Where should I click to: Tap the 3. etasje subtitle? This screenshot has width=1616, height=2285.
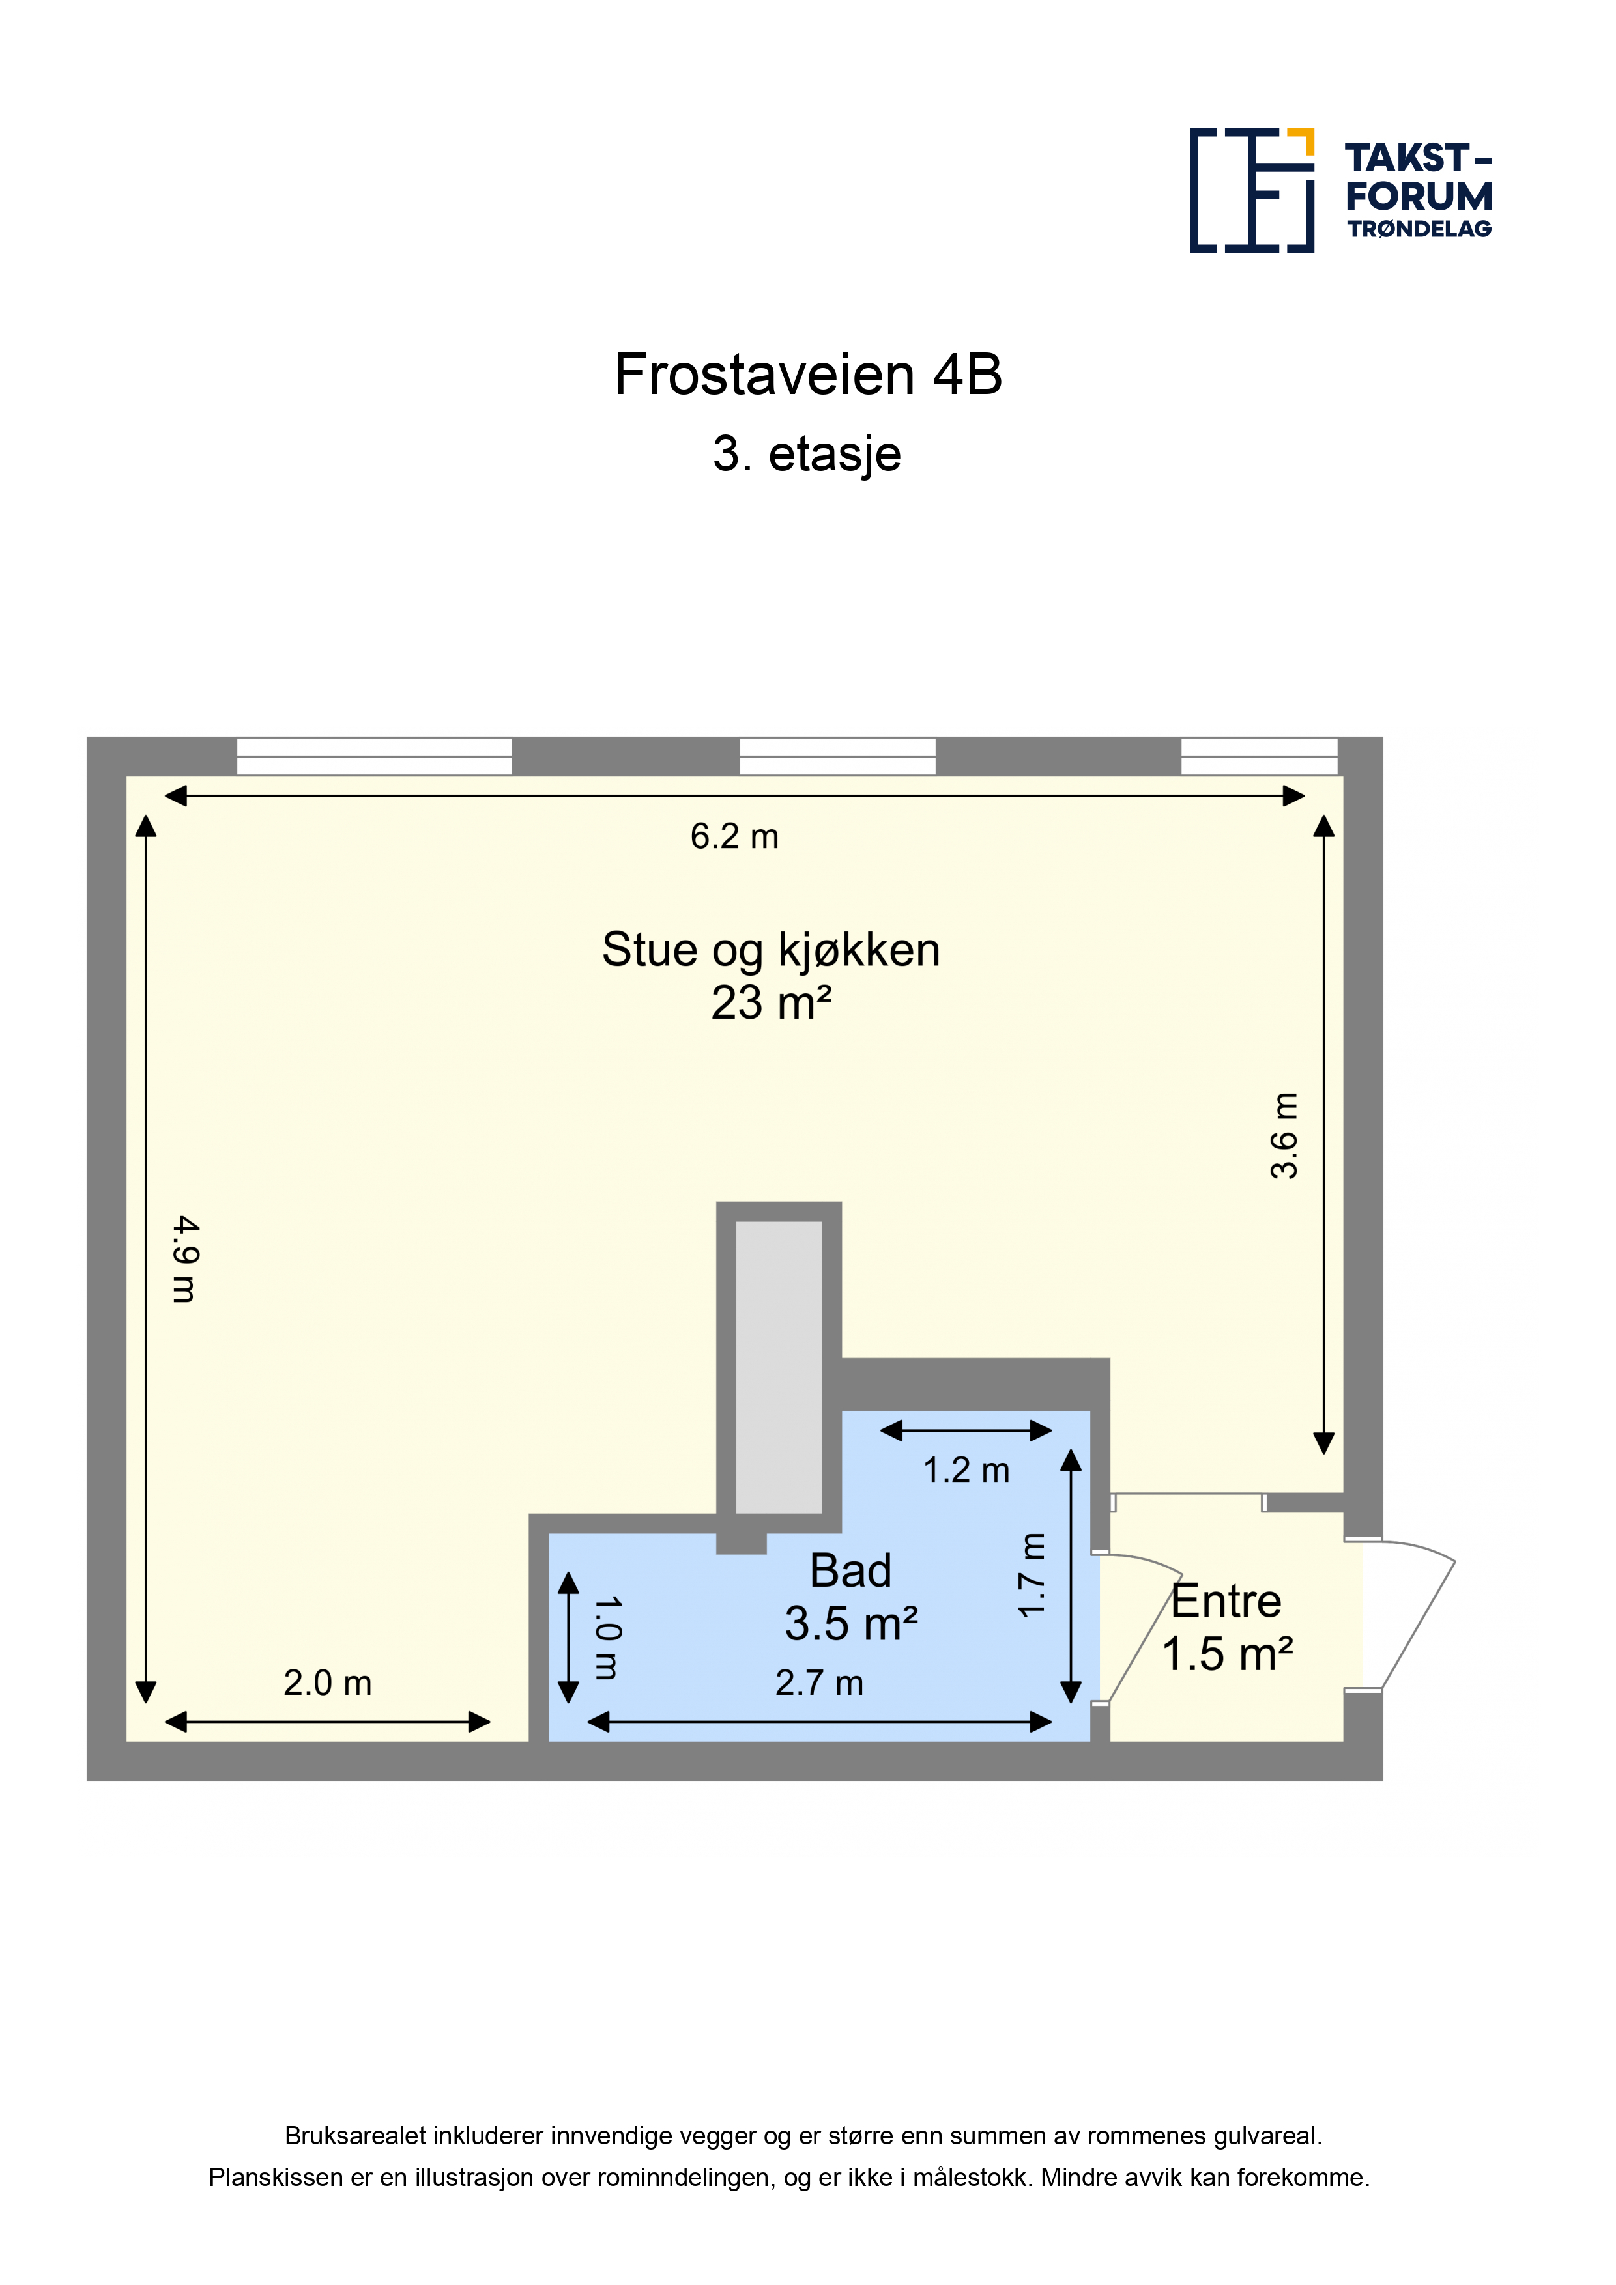[x=807, y=454]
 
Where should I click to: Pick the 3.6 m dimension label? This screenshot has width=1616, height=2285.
[x=1284, y=1135]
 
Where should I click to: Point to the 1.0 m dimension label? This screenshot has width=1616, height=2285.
[x=607, y=1638]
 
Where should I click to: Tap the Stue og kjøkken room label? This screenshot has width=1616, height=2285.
[x=771, y=950]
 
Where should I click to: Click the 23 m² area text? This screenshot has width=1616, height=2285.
[x=771, y=1003]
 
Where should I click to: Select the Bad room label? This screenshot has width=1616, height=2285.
[x=850, y=1572]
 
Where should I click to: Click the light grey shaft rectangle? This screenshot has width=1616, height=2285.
[x=779, y=1367]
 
